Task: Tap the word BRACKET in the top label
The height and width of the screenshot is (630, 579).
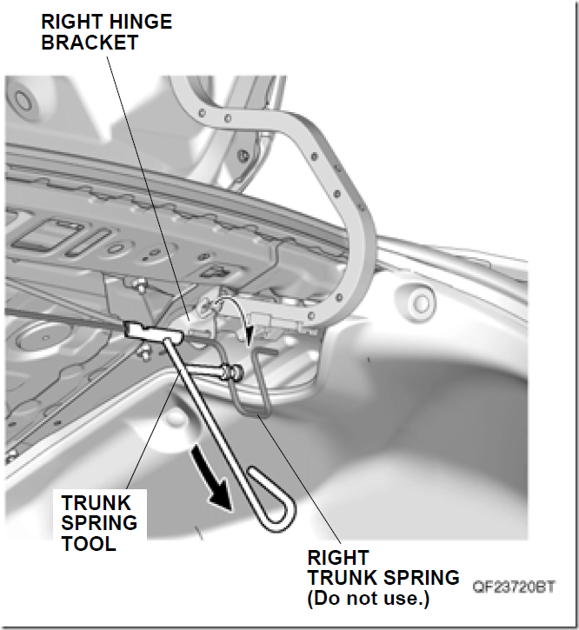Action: (x=90, y=43)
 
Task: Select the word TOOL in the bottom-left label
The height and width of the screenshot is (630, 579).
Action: (x=89, y=544)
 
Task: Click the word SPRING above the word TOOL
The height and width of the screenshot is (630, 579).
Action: (x=99, y=523)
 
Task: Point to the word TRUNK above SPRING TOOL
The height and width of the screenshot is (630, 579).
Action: (x=96, y=502)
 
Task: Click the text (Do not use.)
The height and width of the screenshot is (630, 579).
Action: (x=369, y=598)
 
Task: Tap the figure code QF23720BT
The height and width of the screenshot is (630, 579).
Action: (x=514, y=587)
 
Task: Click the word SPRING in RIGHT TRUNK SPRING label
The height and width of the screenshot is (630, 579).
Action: (x=422, y=578)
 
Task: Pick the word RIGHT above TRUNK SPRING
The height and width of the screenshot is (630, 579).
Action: (x=337, y=558)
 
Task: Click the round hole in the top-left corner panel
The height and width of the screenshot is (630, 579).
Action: (x=23, y=101)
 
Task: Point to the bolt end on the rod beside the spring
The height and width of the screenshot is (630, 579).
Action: (x=236, y=371)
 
